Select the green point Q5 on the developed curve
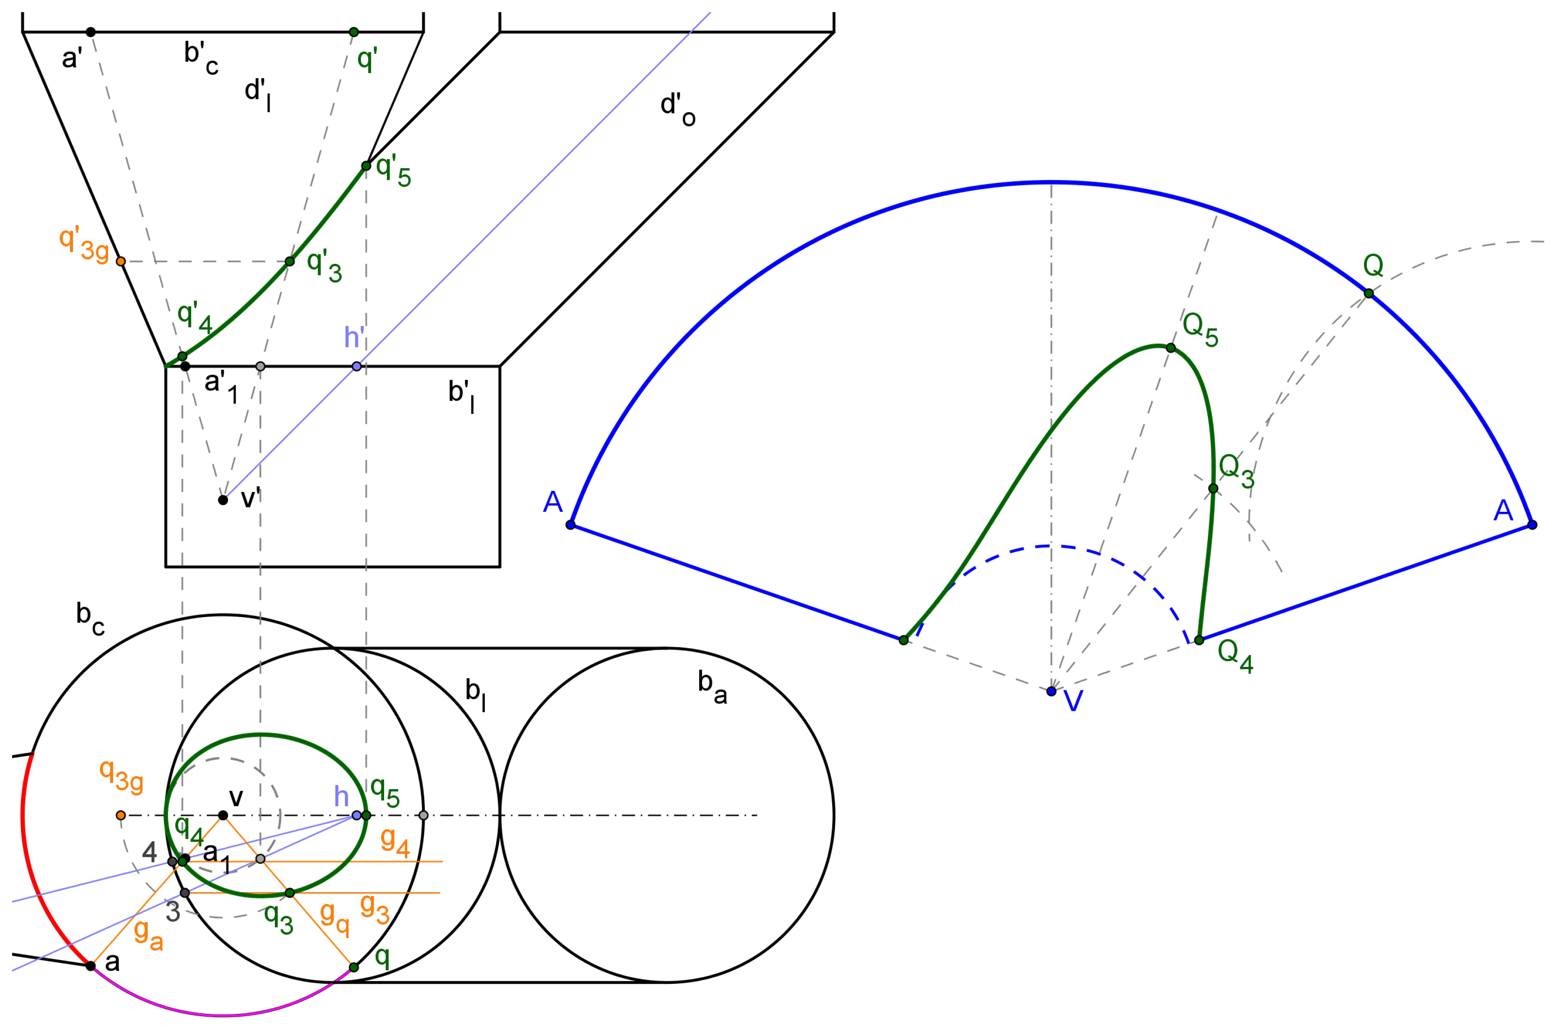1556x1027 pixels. [1171, 348]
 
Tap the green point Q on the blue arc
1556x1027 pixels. [1369, 293]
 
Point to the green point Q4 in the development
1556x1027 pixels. [1199, 640]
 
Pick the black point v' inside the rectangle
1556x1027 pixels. [223, 500]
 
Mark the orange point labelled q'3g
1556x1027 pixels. [120, 261]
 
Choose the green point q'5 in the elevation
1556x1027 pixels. [367, 166]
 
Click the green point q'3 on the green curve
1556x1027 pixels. [290, 261]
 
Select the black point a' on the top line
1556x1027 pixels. [91, 32]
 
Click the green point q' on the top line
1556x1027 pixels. [354, 32]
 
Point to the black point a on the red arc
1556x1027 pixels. [91, 966]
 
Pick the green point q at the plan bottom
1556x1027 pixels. [354, 967]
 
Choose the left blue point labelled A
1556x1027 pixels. [571, 524]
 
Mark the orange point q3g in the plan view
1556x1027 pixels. [120, 815]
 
